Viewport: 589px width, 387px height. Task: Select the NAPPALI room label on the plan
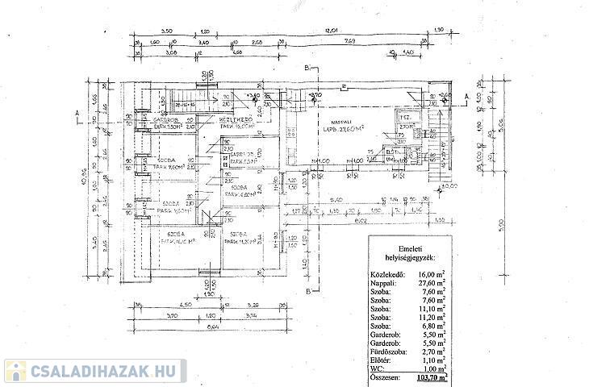(336, 121)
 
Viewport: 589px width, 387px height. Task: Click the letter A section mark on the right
(467, 94)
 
